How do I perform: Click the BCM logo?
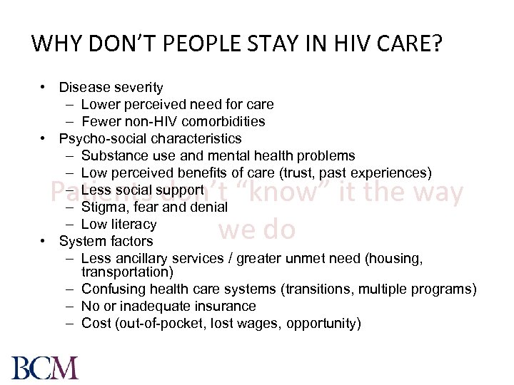(x=45, y=367)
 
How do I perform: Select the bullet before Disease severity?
(x=44, y=87)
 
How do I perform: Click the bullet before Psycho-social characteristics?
(x=44, y=138)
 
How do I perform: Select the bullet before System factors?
(x=44, y=241)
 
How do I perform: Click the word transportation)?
(x=127, y=272)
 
